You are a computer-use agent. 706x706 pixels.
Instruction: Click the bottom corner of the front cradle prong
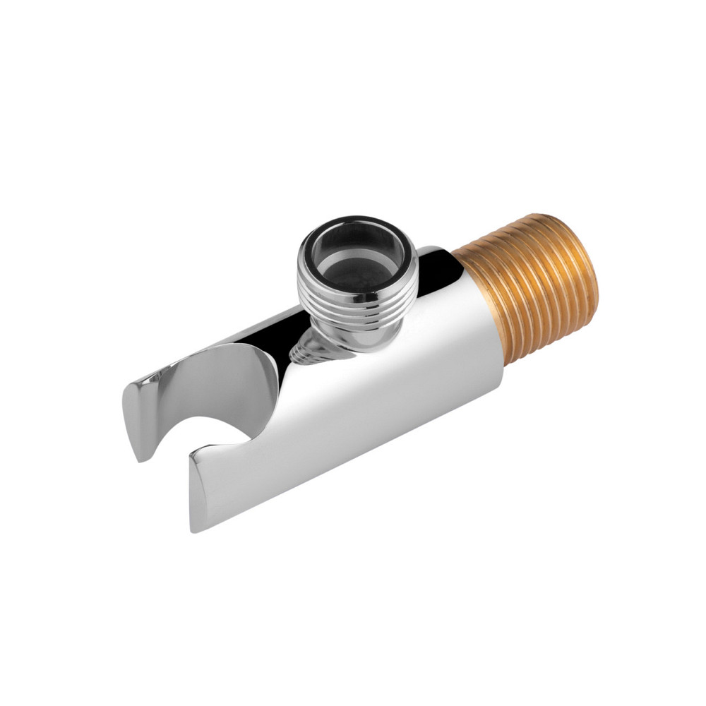click(195, 526)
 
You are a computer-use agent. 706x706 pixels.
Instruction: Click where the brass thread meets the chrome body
click(487, 311)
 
